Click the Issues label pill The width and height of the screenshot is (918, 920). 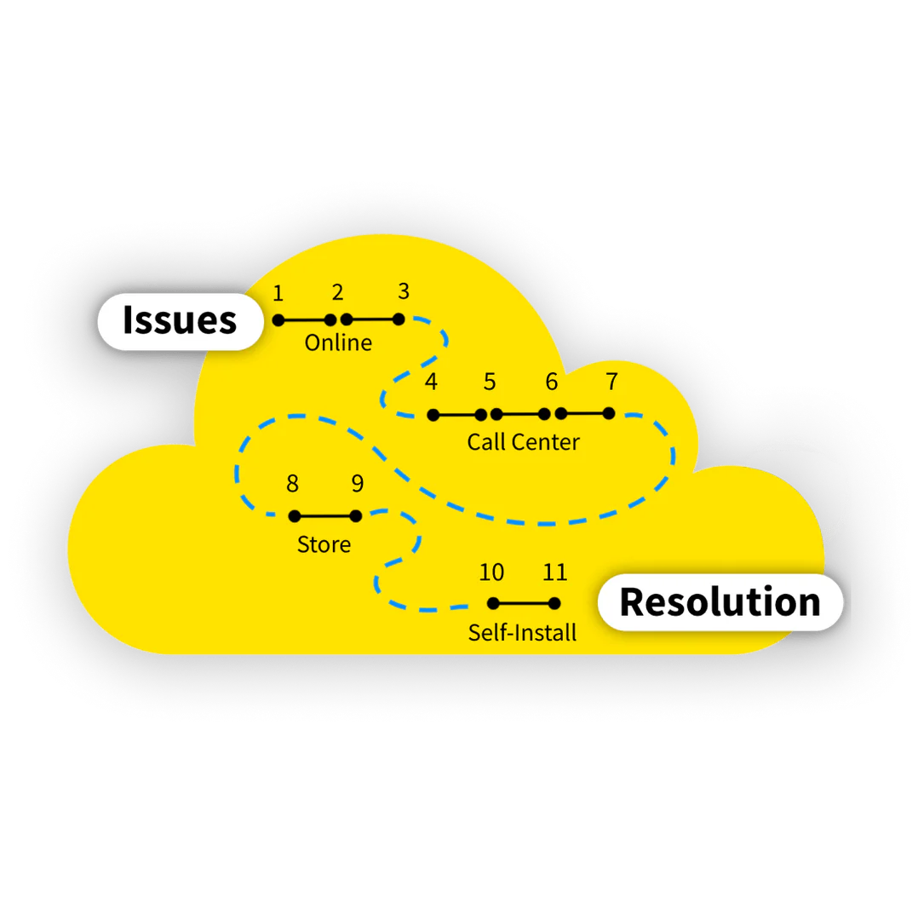point(180,321)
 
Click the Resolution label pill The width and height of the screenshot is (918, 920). point(720,602)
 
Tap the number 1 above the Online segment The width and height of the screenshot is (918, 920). point(278,294)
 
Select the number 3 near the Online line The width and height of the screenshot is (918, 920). point(404,291)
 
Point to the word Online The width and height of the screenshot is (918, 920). point(338,343)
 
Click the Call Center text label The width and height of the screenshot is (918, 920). point(523,442)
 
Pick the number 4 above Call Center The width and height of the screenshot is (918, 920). point(432,382)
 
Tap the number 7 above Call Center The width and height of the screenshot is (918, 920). point(611,382)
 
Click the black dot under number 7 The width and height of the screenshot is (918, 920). point(608,413)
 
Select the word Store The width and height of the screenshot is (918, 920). point(324,544)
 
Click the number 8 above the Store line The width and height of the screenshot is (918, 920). point(292,484)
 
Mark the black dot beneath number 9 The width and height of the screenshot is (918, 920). point(356,515)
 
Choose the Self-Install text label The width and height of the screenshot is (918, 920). point(522,633)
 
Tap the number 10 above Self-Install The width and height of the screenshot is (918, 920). point(491,572)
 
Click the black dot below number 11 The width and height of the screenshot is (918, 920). point(554,603)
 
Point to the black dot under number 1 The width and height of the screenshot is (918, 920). point(278,319)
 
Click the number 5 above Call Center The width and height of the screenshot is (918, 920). point(490,382)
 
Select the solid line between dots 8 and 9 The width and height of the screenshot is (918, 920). point(325,515)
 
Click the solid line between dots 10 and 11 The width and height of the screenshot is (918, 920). point(524,603)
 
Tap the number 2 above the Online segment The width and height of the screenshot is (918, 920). point(338,293)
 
